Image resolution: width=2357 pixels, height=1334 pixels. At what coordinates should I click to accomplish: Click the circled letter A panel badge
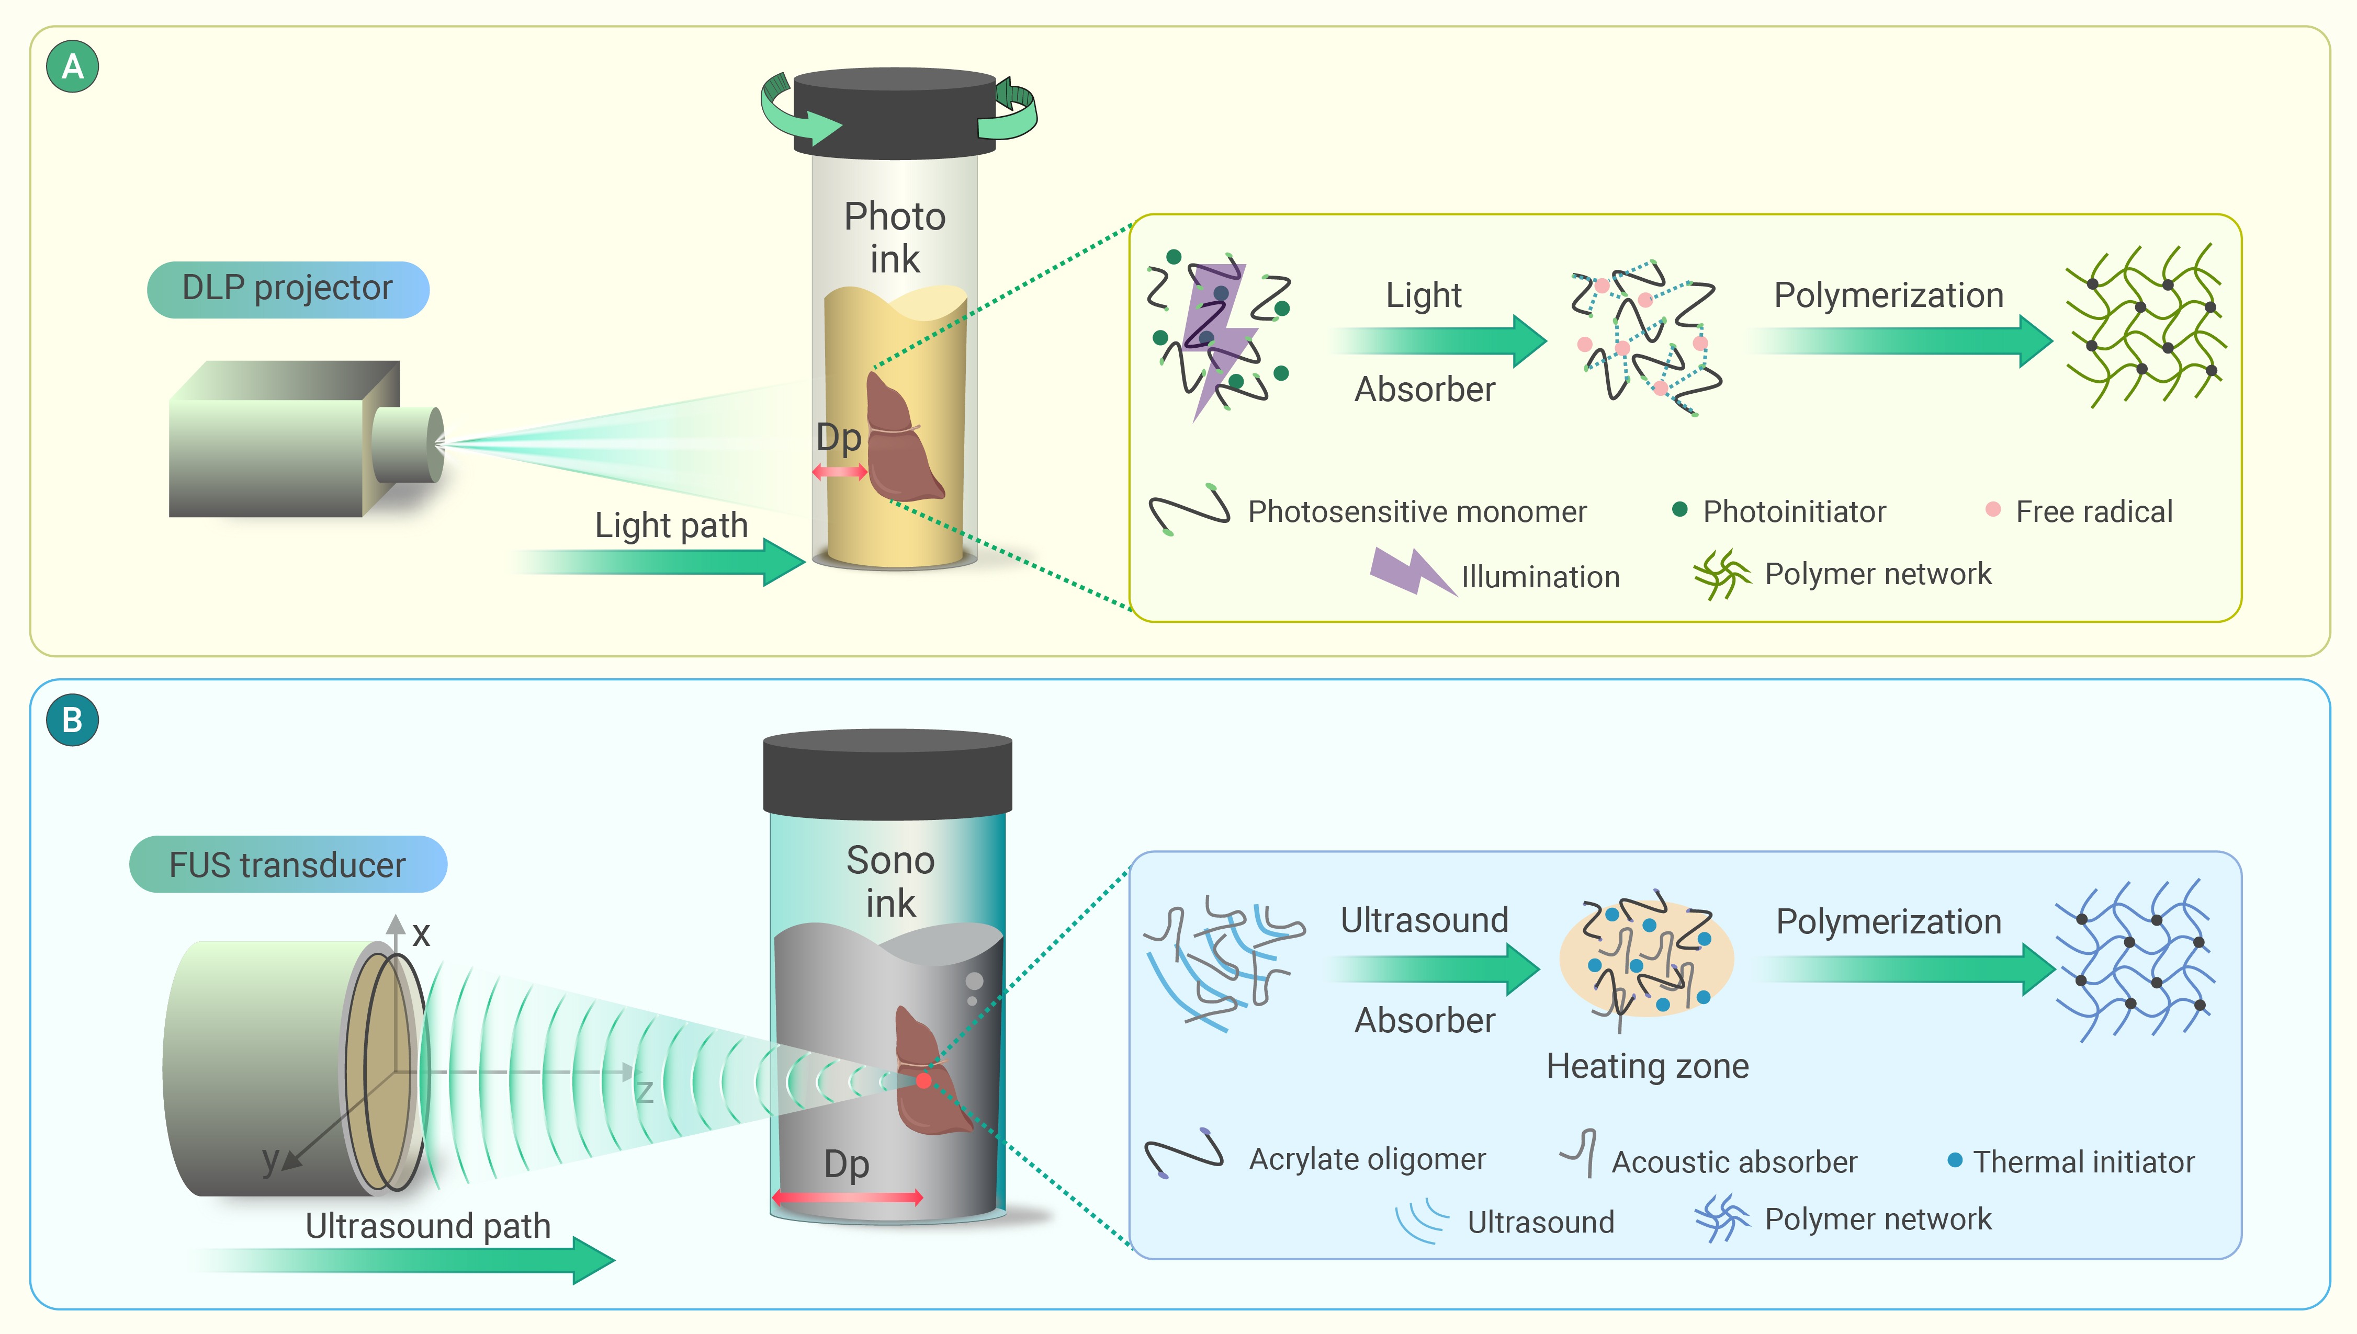click(72, 67)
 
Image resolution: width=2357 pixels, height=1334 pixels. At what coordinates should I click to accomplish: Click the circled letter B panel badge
click(72, 720)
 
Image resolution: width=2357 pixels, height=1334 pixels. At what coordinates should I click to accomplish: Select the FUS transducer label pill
click(288, 864)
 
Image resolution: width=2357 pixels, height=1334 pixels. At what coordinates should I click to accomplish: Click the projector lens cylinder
click(406, 444)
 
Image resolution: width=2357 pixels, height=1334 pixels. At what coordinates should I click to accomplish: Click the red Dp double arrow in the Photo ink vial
click(839, 472)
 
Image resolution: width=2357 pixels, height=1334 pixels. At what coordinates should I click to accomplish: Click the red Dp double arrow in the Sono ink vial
click(847, 1196)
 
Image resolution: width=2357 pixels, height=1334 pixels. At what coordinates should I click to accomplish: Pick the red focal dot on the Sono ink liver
click(924, 1080)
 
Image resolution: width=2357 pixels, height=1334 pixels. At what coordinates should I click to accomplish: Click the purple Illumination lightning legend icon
click(1411, 573)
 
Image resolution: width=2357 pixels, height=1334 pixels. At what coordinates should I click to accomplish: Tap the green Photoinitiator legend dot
click(1680, 509)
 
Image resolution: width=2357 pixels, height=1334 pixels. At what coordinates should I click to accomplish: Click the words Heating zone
click(1648, 1066)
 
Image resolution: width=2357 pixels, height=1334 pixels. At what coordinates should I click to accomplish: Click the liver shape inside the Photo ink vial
click(903, 440)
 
